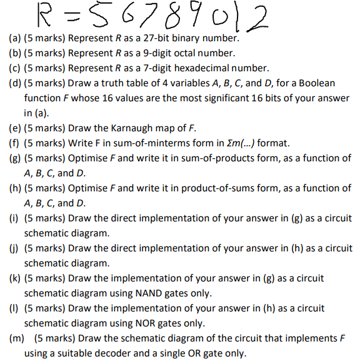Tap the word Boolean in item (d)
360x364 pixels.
coord(317,83)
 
